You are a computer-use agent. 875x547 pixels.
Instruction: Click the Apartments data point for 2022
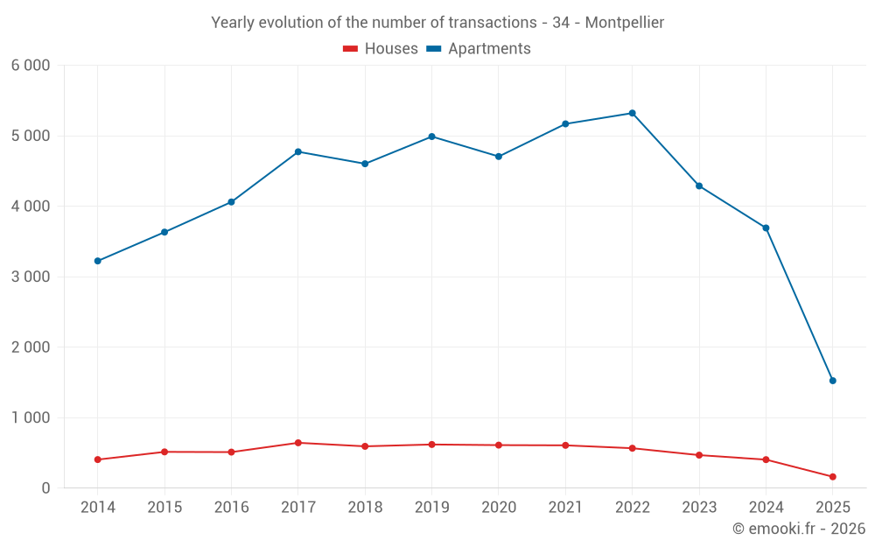632,113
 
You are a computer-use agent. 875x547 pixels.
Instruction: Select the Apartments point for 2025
832,381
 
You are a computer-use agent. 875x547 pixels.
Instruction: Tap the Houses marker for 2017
298,443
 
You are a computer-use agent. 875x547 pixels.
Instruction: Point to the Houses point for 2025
832,477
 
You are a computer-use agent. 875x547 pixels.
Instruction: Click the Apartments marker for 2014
98,261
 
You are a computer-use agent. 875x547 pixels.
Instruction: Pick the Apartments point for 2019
431,137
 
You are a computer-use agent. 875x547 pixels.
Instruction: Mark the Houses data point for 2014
98,459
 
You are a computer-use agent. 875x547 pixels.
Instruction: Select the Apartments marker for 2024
766,228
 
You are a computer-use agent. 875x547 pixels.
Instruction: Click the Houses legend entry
381,49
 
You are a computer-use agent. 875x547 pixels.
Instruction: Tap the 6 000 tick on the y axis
31,66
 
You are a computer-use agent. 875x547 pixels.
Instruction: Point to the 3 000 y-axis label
31,277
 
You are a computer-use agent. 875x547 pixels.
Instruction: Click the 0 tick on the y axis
45,488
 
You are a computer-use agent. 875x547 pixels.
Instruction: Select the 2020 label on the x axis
499,508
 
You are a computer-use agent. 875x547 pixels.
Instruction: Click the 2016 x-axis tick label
231,508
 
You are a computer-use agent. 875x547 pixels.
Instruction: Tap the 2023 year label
699,508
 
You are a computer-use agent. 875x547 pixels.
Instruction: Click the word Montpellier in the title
624,23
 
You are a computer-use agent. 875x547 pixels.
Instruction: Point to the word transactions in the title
493,23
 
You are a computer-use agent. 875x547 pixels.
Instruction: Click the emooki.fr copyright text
798,529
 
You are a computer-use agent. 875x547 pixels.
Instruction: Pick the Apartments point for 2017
298,151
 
